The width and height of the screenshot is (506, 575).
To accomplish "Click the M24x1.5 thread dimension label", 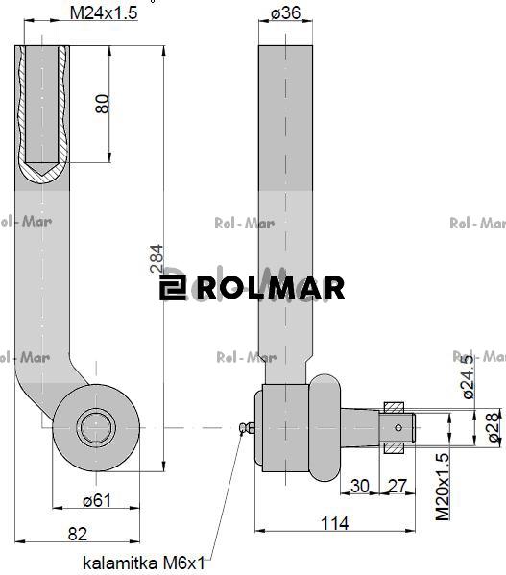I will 105,13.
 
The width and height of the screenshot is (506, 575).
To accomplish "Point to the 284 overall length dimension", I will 156,259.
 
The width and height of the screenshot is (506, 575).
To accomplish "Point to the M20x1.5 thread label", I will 443,486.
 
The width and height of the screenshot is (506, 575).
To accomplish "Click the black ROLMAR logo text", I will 270,287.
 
